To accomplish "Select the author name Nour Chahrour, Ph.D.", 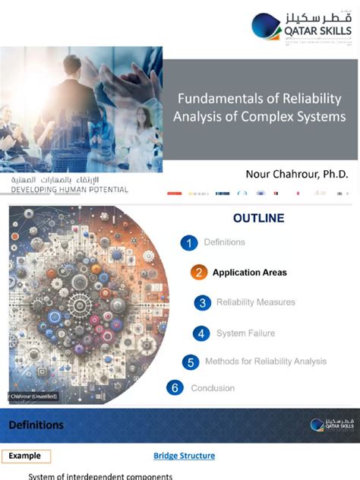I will pos(297,174).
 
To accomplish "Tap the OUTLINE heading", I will pos(258,218).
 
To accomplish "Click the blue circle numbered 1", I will pos(189,243).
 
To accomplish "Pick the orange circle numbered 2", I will pos(199,273).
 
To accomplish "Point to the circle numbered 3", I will pos(202,303).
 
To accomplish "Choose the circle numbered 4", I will pos(201,333).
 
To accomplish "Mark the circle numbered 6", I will pos(175,388).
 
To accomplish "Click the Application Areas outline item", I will pos(249,273).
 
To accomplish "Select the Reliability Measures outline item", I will pos(255,303).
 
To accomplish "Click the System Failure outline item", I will pos(245,333).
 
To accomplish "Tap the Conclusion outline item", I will pos(213,388).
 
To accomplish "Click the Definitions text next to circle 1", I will pos(224,242).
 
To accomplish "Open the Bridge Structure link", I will pos(184,456).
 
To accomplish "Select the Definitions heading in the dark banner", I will pos(36,425).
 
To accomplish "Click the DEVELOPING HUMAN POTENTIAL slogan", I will pos(69,189).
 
